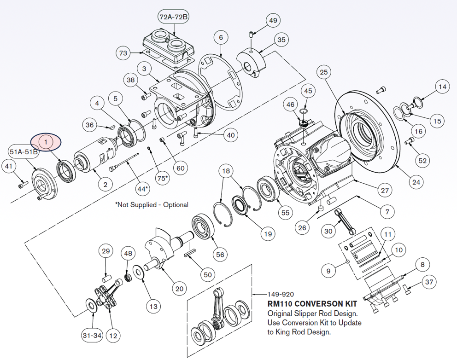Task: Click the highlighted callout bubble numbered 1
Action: [x=45, y=142]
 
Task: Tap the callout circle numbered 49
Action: [x=273, y=20]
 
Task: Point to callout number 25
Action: [x=324, y=72]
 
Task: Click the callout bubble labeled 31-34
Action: [x=92, y=336]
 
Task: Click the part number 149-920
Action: [x=280, y=295]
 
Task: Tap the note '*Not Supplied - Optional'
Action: [x=152, y=205]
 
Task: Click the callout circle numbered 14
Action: [x=442, y=87]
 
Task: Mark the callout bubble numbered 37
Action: [x=429, y=282]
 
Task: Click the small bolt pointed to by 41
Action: [x=21, y=186]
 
